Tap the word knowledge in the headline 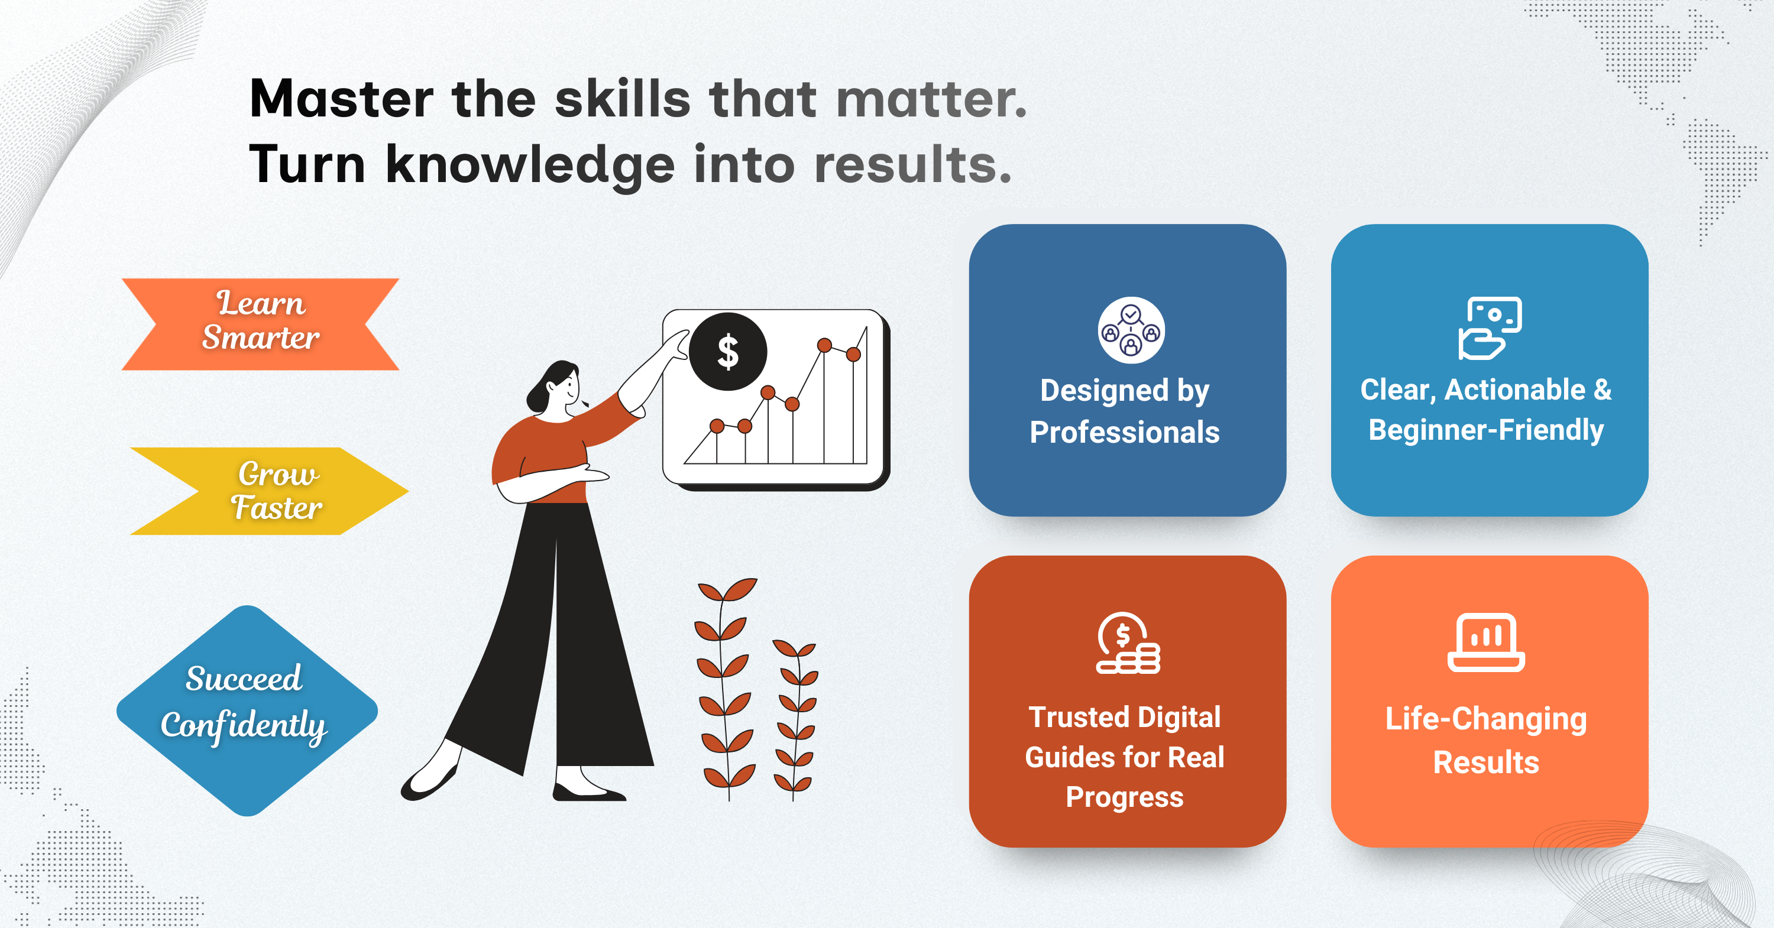pos(530,166)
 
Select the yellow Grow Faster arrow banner pos(269,491)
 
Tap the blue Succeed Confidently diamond pos(247,710)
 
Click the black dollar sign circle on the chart pos(728,352)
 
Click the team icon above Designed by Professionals pos(1131,330)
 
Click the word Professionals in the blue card pos(1125,432)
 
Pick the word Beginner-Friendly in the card pos(1486,430)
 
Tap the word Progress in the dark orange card pos(1125,797)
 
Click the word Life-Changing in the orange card pos(1486,719)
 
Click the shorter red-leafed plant pos(795,719)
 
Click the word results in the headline pos(913,166)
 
